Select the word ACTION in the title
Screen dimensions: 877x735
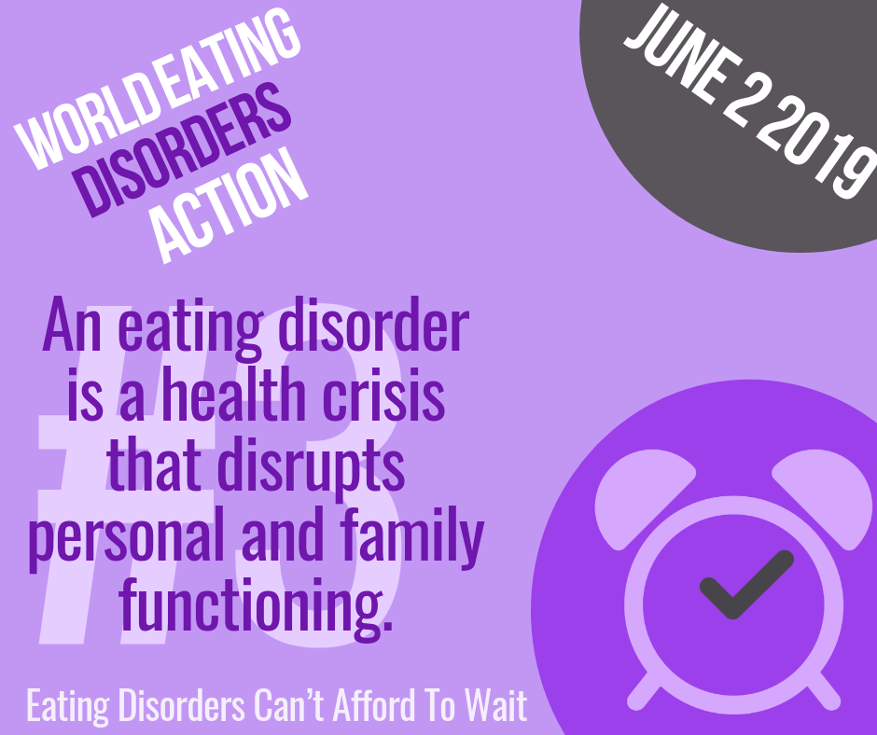(x=230, y=205)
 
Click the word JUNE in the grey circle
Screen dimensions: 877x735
(x=683, y=54)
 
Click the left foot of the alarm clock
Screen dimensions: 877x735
(x=644, y=691)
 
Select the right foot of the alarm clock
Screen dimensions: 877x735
(x=823, y=691)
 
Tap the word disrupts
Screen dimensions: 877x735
(x=311, y=469)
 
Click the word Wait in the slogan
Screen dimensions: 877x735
(x=497, y=705)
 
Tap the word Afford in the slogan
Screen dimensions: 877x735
(x=374, y=705)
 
